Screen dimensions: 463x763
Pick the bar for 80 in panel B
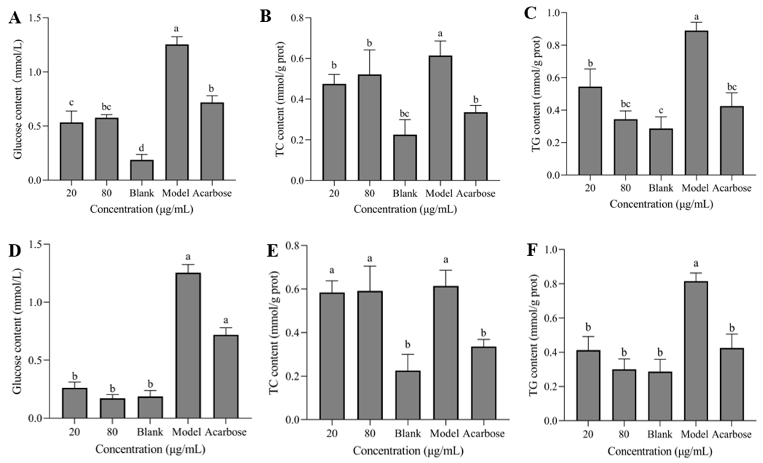370,127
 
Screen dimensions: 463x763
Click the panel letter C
530,14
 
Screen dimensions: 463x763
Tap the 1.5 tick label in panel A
36,18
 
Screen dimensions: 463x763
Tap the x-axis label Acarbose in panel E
484,433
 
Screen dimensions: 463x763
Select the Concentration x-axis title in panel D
150,449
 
